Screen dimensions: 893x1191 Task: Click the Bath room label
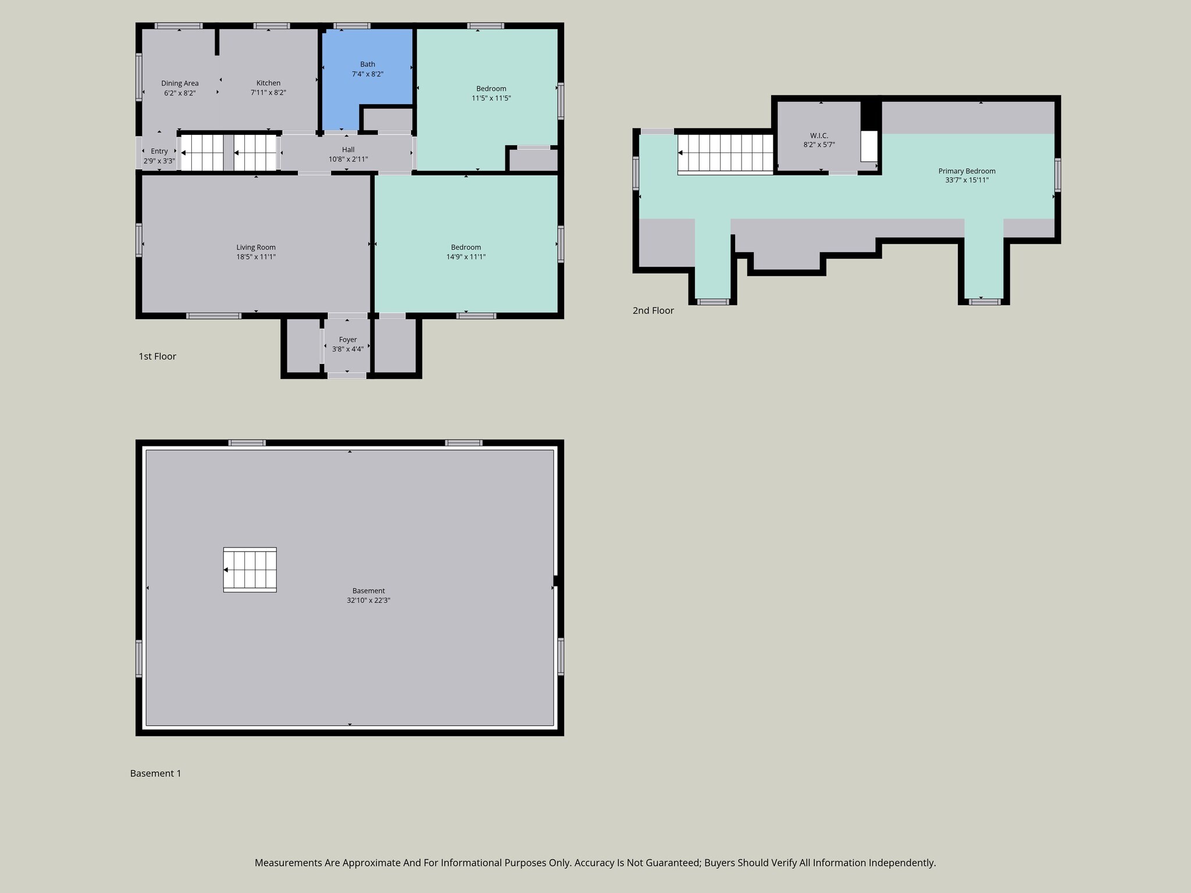[x=368, y=65]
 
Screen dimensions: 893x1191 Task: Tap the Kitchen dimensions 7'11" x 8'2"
[x=268, y=92]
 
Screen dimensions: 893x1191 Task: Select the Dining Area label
[x=180, y=83]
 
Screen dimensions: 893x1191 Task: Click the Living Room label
[x=256, y=247]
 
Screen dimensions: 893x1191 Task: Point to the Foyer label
[x=348, y=340]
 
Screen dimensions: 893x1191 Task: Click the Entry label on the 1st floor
[x=159, y=151]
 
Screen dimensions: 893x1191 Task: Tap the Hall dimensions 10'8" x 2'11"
[x=348, y=159]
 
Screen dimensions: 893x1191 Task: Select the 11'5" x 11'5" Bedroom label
[x=491, y=89]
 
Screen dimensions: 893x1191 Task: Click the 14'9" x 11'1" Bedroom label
[x=466, y=247]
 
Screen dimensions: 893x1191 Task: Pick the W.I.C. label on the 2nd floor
[x=819, y=135]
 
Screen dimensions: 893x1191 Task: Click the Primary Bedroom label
[x=967, y=171]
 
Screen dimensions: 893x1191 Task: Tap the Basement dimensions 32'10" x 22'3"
[x=368, y=601]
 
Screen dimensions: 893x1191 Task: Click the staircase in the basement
[x=250, y=570]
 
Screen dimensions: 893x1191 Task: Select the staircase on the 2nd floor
[x=725, y=153]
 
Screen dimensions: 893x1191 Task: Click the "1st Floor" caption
[x=157, y=356]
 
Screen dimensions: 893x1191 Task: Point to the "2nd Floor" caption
[x=653, y=310]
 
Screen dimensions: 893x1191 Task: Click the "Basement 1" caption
[x=155, y=773]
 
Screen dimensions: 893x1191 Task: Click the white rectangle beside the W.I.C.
[x=869, y=146]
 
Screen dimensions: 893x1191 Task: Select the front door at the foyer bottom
[x=347, y=376]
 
